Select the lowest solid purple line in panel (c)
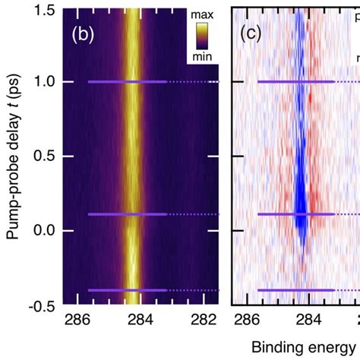[295, 290]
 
